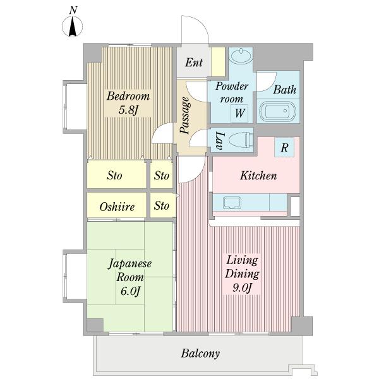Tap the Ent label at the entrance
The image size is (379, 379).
(x=194, y=63)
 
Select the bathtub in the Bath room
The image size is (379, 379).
(x=277, y=111)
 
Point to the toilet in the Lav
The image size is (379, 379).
(x=241, y=140)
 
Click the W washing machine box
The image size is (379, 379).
(x=239, y=113)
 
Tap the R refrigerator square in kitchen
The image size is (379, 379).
(x=284, y=147)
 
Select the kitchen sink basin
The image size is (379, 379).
(x=232, y=203)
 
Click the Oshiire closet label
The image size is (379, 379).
(x=117, y=207)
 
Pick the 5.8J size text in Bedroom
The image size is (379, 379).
(x=128, y=110)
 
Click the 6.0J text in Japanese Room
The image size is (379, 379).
(x=130, y=291)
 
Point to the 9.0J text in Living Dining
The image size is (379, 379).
(x=243, y=288)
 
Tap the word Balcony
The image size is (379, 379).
(x=200, y=353)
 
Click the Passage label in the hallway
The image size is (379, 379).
(x=185, y=116)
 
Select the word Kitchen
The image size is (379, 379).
(x=258, y=176)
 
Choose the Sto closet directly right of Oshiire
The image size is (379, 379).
(x=162, y=206)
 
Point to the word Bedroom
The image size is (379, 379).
(x=128, y=96)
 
